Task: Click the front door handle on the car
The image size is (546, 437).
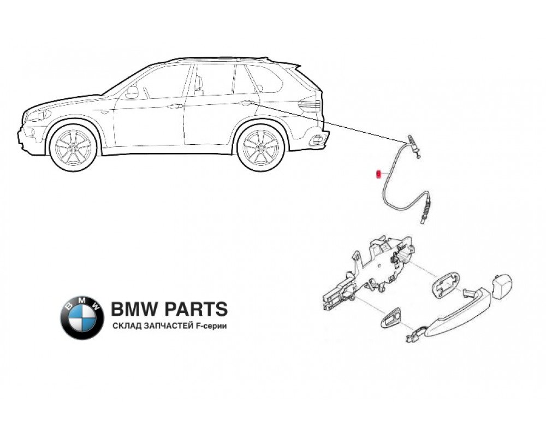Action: click(174, 106)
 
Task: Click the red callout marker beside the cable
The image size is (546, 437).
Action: click(377, 174)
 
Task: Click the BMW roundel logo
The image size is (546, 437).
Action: click(82, 317)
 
